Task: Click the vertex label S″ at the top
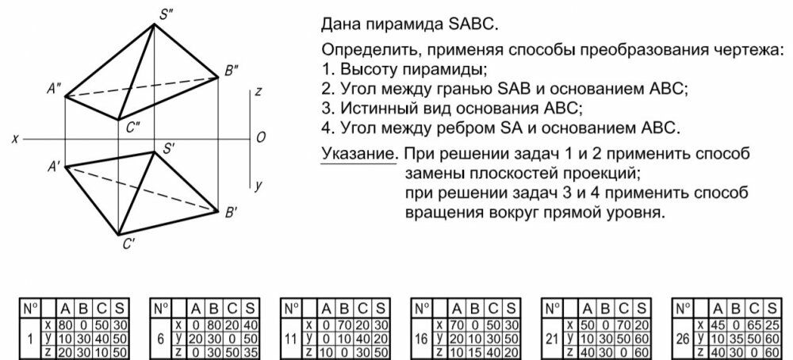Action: (x=166, y=14)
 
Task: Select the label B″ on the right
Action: (x=232, y=71)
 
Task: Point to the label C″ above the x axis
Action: (x=133, y=128)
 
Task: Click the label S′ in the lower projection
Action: (x=168, y=149)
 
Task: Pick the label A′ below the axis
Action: (x=54, y=167)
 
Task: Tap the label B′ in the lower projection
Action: (x=231, y=213)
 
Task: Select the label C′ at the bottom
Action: (x=128, y=244)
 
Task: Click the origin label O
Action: (x=261, y=138)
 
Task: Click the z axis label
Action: (x=259, y=92)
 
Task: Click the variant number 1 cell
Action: (x=30, y=339)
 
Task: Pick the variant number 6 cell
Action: (x=161, y=339)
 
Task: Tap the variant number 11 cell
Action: (x=291, y=339)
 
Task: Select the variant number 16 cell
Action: (x=421, y=339)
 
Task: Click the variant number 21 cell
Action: (x=552, y=339)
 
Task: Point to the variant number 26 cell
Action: (x=683, y=339)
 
